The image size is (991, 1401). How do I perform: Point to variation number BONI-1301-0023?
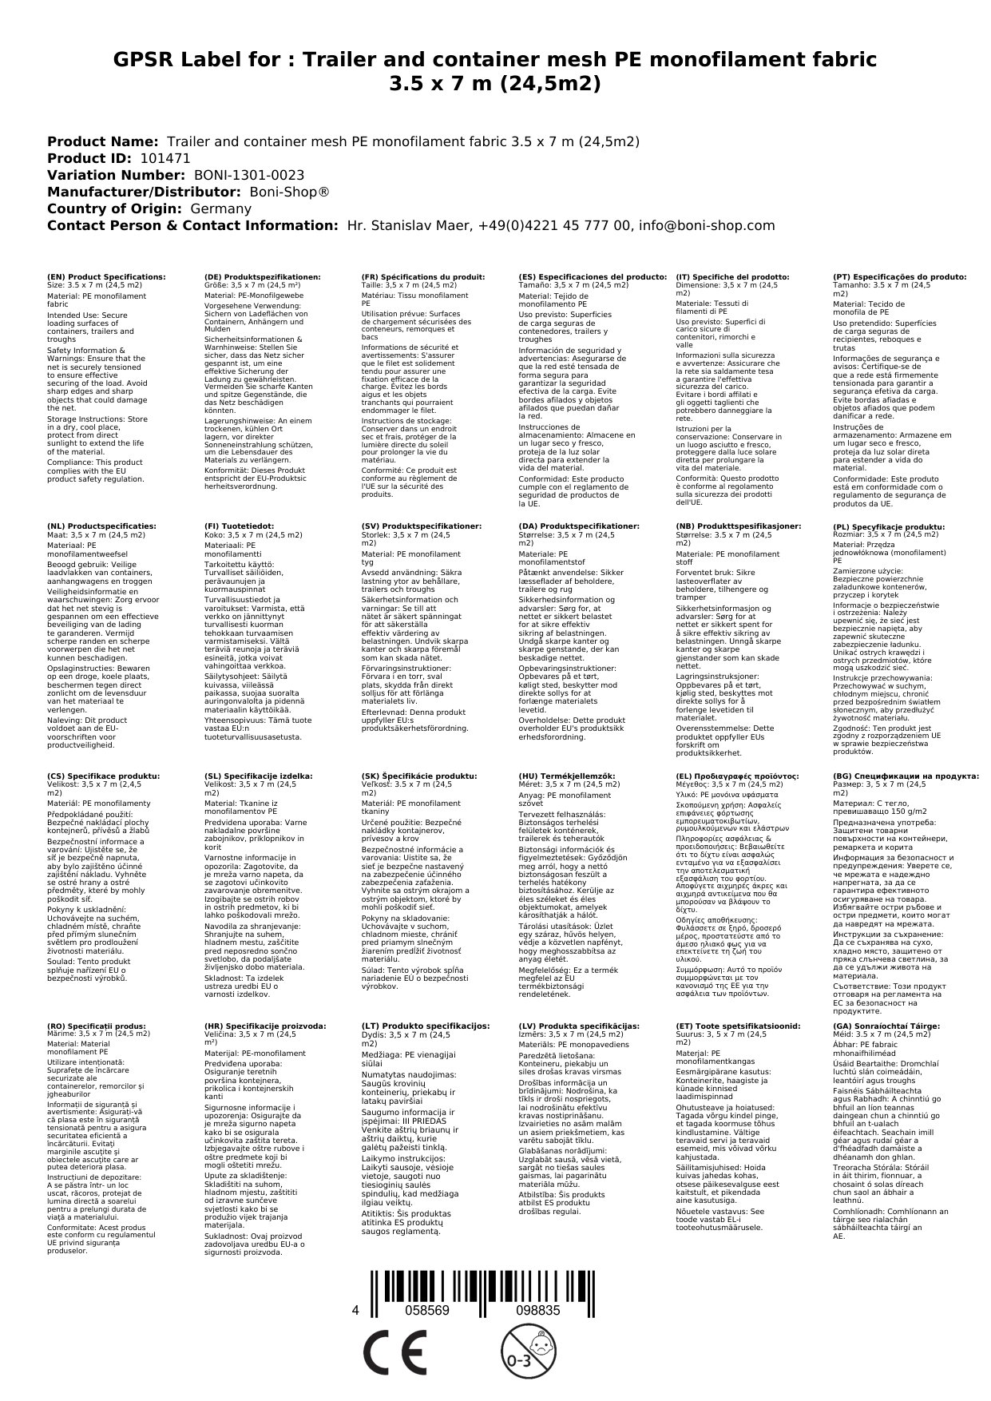pos(249,175)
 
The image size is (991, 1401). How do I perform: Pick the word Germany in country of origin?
pos(220,208)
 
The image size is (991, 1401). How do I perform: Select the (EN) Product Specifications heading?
pos(106,276)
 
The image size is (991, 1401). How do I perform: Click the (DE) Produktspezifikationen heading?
pos(262,276)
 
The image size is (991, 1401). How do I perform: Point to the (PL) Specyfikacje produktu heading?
pos(889,526)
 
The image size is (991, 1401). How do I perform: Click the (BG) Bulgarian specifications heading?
pos(906,776)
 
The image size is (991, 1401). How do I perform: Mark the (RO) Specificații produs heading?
pos(97,1025)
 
